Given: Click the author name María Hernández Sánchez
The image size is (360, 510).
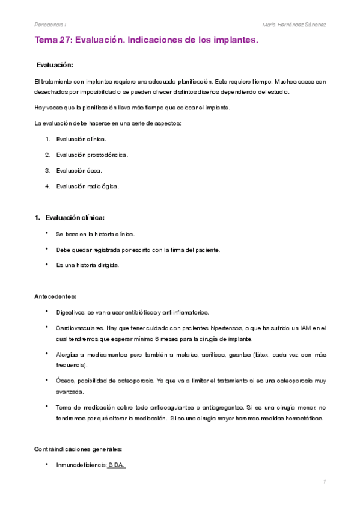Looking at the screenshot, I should (x=294, y=24).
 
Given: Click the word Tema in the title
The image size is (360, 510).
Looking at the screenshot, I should (x=47, y=41).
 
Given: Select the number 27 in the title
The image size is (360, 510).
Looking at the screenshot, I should (x=68, y=41).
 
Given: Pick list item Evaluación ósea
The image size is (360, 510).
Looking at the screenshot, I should (x=79, y=170).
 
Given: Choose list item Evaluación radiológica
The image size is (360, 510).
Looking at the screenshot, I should (x=87, y=186).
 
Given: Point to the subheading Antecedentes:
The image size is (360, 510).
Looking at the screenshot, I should (x=55, y=296).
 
